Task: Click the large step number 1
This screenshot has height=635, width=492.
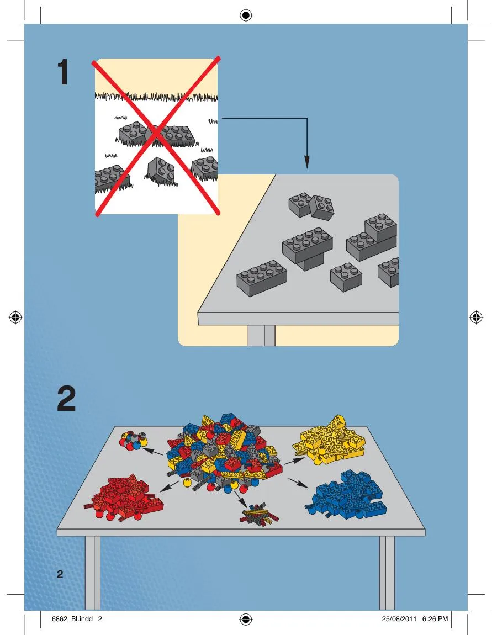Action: coord(63,72)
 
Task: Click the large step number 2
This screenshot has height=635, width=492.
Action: coord(66,399)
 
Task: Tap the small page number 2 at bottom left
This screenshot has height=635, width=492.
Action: coord(60,574)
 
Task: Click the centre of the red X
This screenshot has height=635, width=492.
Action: coord(157,135)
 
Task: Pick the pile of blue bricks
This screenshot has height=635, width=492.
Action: coord(346,495)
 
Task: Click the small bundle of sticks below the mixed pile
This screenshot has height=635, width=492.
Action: coord(259,514)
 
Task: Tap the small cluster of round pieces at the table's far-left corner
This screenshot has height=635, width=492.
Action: coord(134,441)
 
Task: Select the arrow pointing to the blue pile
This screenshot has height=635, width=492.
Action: coord(299,483)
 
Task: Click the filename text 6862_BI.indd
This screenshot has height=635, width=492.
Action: coord(72,619)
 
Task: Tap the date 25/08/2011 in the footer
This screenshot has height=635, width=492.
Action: coord(399,619)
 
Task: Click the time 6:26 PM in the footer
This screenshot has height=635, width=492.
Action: coord(435,619)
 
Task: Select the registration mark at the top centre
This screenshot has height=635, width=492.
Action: coord(246,16)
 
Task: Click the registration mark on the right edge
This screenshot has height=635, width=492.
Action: coord(476,317)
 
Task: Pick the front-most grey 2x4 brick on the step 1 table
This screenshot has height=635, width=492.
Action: coord(262,278)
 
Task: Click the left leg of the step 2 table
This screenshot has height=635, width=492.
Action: coord(92,573)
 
